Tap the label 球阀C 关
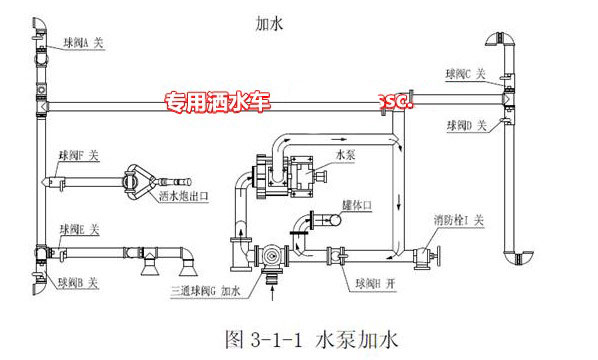[465, 74]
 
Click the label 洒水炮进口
[179, 197]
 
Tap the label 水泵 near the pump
[346, 155]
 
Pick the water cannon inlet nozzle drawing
[136, 181]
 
